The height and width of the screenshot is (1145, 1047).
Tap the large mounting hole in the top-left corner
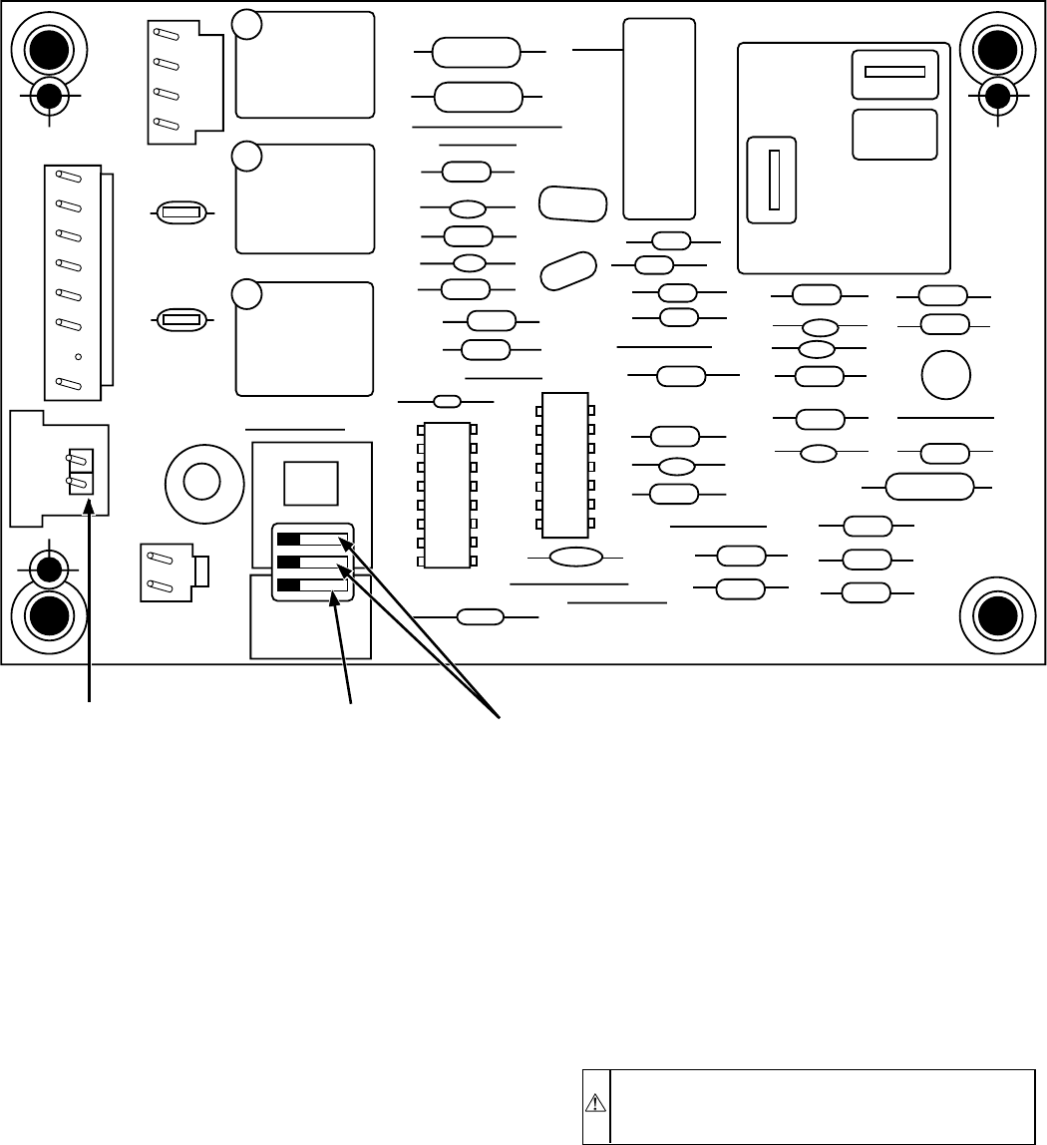pos(47,49)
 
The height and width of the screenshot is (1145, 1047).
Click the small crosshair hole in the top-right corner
pos(996,96)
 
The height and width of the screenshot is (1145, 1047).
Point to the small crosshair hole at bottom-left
pos(47,571)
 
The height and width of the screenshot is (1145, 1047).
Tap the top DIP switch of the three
pos(312,541)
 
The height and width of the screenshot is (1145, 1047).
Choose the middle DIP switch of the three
pos(312,563)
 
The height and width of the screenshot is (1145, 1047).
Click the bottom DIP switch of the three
pos(312,585)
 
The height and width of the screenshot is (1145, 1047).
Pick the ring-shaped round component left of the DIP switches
pos(201,482)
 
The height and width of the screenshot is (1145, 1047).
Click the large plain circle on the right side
pos(946,375)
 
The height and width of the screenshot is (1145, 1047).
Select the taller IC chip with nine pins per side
pos(446,495)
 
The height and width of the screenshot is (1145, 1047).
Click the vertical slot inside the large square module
pos(773,180)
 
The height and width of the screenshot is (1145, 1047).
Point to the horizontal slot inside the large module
pos(895,72)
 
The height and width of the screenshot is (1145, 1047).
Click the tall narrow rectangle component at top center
pos(658,119)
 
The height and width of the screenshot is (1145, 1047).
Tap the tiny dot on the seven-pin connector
pos(78,356)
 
